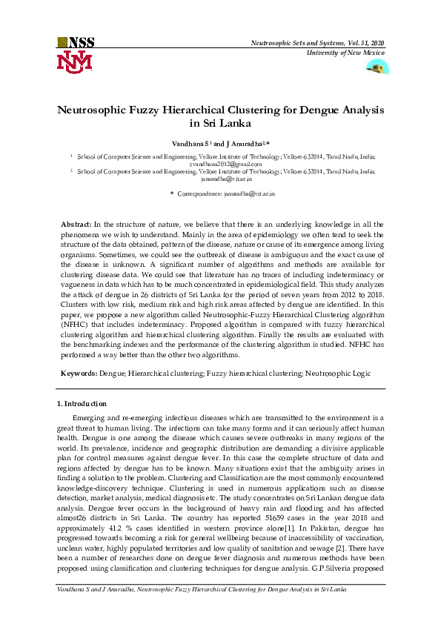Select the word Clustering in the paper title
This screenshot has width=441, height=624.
pyautogui.click(x=259, y=110)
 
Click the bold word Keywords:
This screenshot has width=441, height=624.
pyautogui.click(x=78, y=375)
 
